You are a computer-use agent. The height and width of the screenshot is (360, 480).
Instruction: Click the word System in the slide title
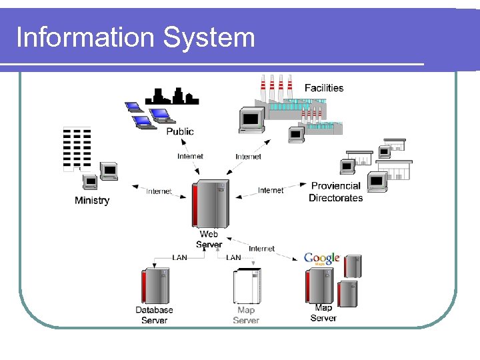(x=209, y=37)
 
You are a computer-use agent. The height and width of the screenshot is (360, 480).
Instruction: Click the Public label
(x=180, y=131)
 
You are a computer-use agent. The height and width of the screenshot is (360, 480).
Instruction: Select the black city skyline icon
(x=172, y=97)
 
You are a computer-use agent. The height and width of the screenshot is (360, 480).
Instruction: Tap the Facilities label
(x=324, y=88)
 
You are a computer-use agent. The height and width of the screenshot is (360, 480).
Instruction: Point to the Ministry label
(x=92, y=201)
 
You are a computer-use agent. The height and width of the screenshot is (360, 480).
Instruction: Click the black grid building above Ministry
(x=77, y=148)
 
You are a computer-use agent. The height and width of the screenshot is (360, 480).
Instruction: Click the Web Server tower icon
(x=210, y=203)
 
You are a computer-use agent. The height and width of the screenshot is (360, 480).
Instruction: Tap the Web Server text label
(x=209, y=239)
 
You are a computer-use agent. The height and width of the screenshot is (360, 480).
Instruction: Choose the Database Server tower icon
(x=154, y=286)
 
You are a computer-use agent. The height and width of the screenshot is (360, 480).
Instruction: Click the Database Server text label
(x=154, y=315)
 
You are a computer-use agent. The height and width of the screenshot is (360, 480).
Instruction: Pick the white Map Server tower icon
(x=246, y=286)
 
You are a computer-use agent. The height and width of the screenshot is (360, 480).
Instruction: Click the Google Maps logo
(x=321, y=259)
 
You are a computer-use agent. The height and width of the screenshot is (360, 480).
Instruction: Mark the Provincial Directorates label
(x=336, y=192)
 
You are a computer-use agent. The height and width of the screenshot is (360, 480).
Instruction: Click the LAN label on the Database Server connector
(x=179, y=257)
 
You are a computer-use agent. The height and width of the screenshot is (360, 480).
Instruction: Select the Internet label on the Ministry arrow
(x=159, y=191)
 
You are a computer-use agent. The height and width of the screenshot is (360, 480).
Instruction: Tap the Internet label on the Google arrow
(x=261, y=249)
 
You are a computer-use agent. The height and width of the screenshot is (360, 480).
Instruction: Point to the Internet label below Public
(x=190, y=157)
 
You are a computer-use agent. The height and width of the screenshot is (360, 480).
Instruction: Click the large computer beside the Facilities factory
(x=251, y=120)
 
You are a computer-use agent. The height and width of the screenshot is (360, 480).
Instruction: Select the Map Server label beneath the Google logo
(x=323, y=313)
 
